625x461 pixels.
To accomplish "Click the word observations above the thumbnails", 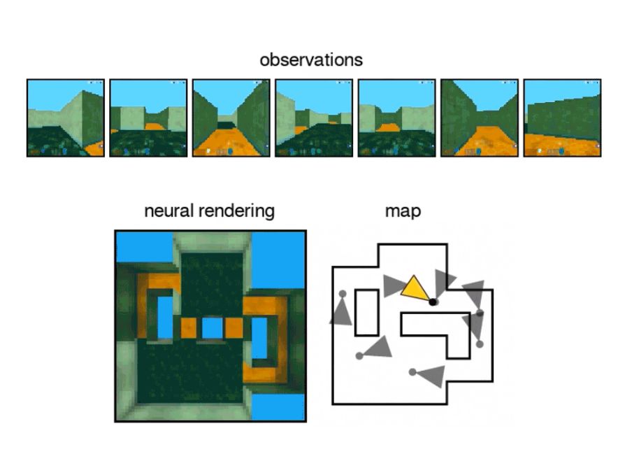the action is coord(311,60).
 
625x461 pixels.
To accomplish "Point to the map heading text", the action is coord(403,211).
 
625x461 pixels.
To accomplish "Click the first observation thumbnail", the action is coord(66,118).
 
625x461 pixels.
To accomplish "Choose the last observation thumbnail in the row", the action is coord(562,118).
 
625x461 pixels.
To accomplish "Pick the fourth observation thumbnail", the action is coord(314,118).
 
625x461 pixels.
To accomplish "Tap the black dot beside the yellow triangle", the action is coord(433,302).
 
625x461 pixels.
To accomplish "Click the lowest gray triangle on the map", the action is coord(431,376).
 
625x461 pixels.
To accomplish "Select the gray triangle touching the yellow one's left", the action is coord(392,285).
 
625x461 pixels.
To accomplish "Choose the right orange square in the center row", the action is coord(234,327).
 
